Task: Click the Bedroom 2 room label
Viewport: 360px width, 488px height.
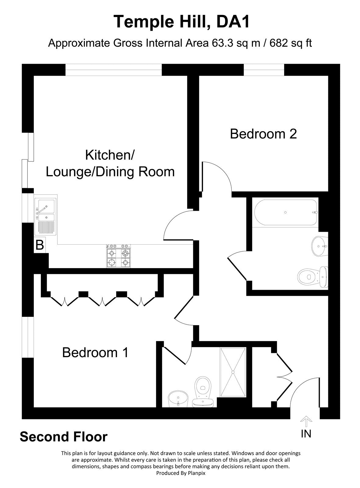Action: [x=263, y=134]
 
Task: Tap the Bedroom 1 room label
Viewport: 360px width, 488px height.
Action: [x=95, y=353]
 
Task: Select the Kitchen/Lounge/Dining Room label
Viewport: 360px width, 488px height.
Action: [x=110, y=163]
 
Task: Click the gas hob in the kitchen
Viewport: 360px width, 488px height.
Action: [x=119, y=257]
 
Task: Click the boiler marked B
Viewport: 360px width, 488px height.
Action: [x=40, y=245]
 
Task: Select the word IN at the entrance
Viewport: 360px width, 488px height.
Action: [x=306, y=433]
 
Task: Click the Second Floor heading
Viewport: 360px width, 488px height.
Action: [x=64, y=437]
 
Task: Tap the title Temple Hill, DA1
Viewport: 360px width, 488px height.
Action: [x=182, y=22]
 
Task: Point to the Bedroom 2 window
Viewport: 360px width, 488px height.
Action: [x=264, y=70]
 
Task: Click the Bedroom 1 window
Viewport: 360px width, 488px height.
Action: [x=28, y=337]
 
